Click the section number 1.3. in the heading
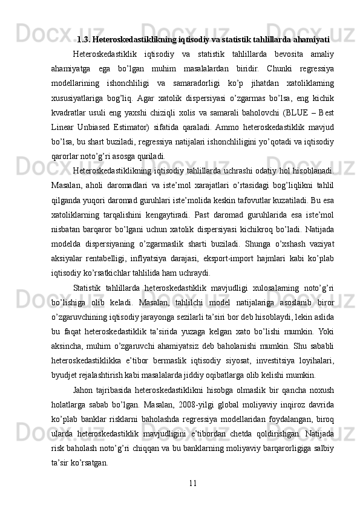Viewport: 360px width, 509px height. pyautogui.click(x=85, y=41)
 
